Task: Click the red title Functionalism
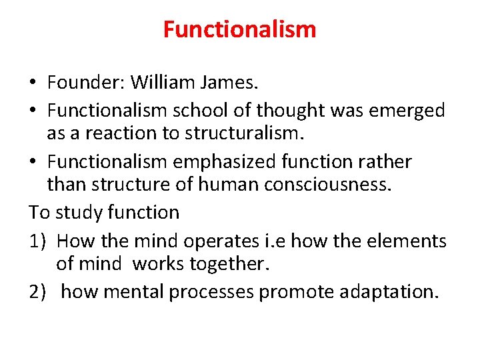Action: (x=239, y=29)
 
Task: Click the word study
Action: (x=79, y=213)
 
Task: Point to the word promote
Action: (x=293, y=291)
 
